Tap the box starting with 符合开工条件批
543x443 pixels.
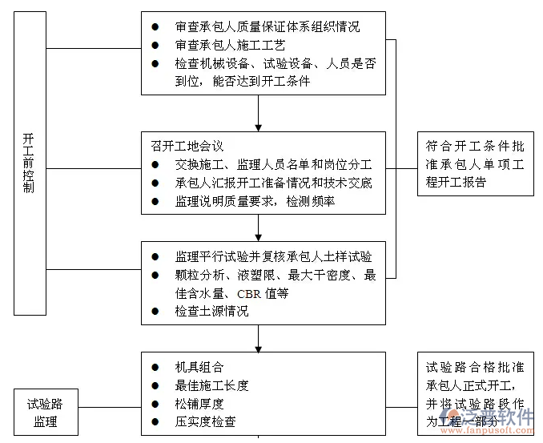pyautogui.click(x=475, y=164)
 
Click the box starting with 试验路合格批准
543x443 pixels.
pyautogui.click(x=475, y=393)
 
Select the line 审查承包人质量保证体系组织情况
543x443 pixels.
pyautogui.click(x=267, y=26)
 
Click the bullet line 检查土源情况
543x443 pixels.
pyautogui.click(x=211, y=311)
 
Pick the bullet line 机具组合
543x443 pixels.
pyautogui.click(x=199, y=367)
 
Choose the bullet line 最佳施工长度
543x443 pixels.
pyautogui.click(x=211, y=385)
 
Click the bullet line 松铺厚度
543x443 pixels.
pyautogui.click(x=199, y=403)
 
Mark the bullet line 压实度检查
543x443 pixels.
pyautogui.click(x=205, y=421)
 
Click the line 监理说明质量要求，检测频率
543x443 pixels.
pyautogui.click(x=255, y=201)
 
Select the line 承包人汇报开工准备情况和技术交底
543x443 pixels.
pyautogui.click(x=273, y=183)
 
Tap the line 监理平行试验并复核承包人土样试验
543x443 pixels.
pyautogui.click(x=273, y=256)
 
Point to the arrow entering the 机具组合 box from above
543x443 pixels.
pyautogui.click(x=259, y=346)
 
